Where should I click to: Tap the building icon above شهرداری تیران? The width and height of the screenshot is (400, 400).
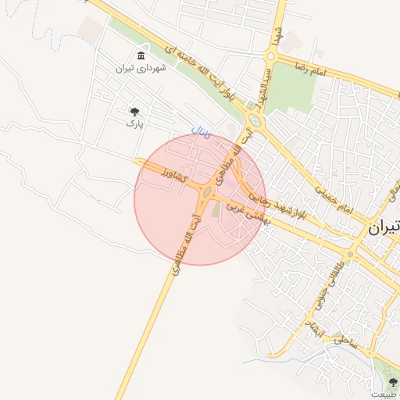[140, 55]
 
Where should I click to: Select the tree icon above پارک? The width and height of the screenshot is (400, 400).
[135, 111]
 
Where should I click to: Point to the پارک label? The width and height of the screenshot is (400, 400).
[135, 123]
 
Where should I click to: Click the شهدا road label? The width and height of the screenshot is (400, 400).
[276, 34]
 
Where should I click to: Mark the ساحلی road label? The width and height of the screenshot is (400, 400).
[345, 340]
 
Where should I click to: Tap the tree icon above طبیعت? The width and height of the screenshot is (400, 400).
[393, 381]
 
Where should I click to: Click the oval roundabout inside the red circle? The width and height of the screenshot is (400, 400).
[207, 192]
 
